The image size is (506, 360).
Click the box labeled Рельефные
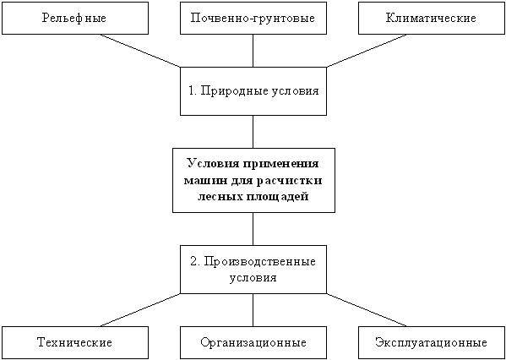75,18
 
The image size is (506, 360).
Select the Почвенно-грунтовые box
253,18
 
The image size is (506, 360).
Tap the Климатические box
432,18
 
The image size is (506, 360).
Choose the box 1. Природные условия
253,91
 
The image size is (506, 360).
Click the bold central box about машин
253,180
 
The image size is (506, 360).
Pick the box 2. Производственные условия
253,270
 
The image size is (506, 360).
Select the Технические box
75,342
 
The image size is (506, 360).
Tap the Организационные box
253,342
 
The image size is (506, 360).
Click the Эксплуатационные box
432,342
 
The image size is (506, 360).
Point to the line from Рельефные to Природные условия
140,51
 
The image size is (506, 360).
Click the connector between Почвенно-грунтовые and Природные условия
253,51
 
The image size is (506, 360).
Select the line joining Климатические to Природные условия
367,51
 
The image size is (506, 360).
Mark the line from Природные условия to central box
253,131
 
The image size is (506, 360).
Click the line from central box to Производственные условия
253,229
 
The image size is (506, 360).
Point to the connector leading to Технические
140,309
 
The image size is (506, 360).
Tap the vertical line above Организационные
253,309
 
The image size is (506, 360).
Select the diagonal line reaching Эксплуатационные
367,309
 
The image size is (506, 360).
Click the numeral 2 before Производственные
193,261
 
